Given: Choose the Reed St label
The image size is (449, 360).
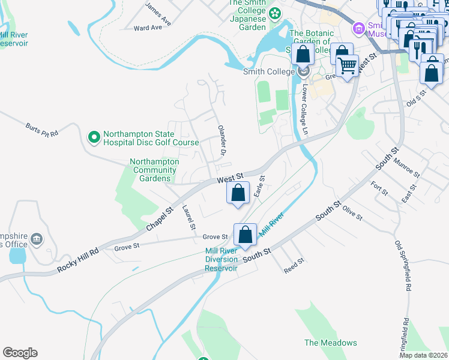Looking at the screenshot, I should (295, 266).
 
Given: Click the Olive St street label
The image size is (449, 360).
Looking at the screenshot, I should (352, 213).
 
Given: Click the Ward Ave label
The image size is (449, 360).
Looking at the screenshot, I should (148, 28).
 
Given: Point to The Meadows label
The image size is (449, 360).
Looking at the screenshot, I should (330, 343).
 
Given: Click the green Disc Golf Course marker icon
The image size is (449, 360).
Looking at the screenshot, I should (94, 138).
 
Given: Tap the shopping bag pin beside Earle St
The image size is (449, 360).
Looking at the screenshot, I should (238, 194).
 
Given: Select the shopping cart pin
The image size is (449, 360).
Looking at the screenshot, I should (347, 66).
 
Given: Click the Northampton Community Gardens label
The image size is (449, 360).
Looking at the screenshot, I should (154, 170).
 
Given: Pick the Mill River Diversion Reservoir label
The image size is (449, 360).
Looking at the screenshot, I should (221, 259).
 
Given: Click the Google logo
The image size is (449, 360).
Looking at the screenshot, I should (20, 353).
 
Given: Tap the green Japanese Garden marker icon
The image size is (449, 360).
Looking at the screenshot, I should (275, 13).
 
